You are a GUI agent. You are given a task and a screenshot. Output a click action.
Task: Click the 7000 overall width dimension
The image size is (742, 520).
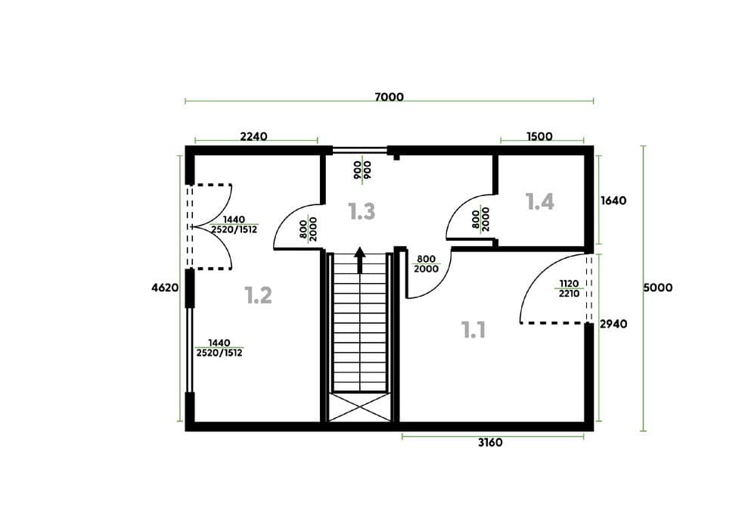[389, 97]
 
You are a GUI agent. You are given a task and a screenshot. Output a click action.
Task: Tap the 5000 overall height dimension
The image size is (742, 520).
[658, 288]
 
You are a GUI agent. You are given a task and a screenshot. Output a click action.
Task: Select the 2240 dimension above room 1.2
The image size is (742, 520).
[253, 136]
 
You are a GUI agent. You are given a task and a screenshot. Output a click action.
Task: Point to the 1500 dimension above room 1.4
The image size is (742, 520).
[539, 136]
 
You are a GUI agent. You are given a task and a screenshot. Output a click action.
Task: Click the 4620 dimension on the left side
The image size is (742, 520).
[165, 288]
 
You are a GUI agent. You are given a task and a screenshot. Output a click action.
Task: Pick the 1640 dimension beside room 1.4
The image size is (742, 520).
[613, 201]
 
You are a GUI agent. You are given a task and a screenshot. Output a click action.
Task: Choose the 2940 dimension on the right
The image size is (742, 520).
[613, 324]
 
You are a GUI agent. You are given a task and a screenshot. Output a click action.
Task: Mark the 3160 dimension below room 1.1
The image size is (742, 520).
[490, 443]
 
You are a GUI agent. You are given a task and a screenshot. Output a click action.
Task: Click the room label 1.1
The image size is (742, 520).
[473, 329]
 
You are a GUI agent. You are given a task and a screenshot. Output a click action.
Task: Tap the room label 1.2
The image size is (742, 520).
[259, 295]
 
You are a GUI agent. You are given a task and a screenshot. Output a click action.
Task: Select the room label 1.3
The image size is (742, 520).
[362, 211]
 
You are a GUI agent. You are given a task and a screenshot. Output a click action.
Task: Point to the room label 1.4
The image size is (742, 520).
[540, 202]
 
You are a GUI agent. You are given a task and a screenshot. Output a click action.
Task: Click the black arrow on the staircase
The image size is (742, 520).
[360, 260]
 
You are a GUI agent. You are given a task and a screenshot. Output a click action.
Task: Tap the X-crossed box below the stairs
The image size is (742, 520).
[359, 406]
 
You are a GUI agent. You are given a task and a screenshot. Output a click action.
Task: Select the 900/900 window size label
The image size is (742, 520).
[363, 170]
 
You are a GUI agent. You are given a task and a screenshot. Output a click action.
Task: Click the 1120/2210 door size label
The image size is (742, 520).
[569, 288]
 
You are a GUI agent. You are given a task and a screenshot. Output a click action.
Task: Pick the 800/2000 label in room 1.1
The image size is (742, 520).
[426, 264]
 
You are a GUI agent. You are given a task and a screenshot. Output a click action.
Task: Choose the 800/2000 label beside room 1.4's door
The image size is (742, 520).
[481, 220]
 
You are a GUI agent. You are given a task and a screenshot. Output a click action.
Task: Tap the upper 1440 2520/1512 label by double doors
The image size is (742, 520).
[234, 225]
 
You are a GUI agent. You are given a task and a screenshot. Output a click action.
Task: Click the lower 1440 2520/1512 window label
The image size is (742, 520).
[219, 347]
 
